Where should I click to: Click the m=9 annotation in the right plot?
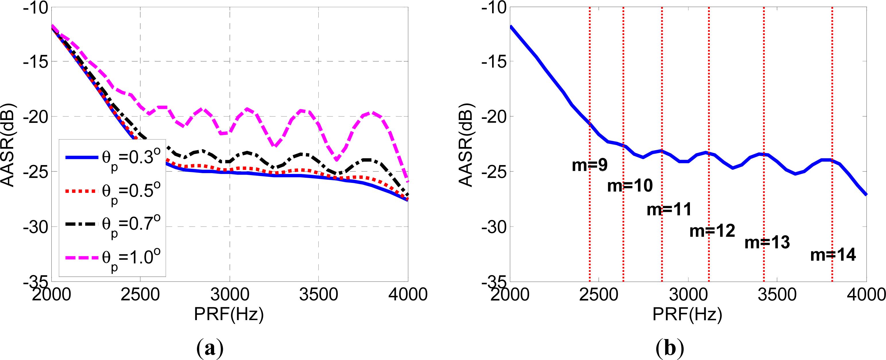pos(589,165)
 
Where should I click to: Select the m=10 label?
pos(630,186)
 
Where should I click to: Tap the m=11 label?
pos(669,209)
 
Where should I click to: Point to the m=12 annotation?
pos(712,231)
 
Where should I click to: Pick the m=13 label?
pos(767,242)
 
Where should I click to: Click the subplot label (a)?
pos(210,348)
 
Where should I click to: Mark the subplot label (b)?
pos(670,348)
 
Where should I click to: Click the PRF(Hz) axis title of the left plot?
pos(229,314)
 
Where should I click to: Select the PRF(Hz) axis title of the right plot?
pos(687,314)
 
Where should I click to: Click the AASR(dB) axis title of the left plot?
pos(7,144)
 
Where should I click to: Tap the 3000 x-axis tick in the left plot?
pos(230,295)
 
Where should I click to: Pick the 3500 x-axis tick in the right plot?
pos(777,295)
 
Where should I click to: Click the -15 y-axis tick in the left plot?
pos(35,62)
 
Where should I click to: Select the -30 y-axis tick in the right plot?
pos(494,227)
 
